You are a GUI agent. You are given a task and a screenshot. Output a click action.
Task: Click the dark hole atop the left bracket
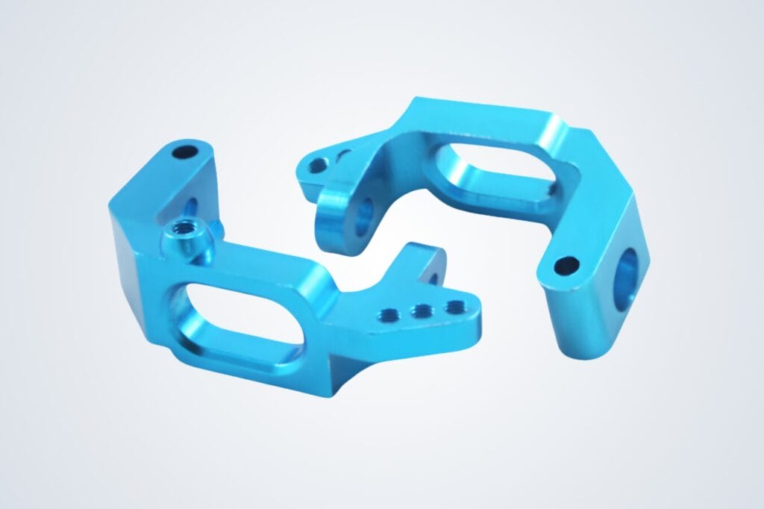click(183, 153)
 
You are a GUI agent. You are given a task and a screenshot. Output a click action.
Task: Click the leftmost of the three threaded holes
click(389, 314)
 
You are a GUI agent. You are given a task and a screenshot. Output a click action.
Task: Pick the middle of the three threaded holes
click(421, 309)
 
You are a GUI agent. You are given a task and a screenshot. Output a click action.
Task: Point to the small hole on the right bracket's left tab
click(319, 164)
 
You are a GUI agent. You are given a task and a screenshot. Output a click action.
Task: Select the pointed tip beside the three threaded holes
click(477, 317)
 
